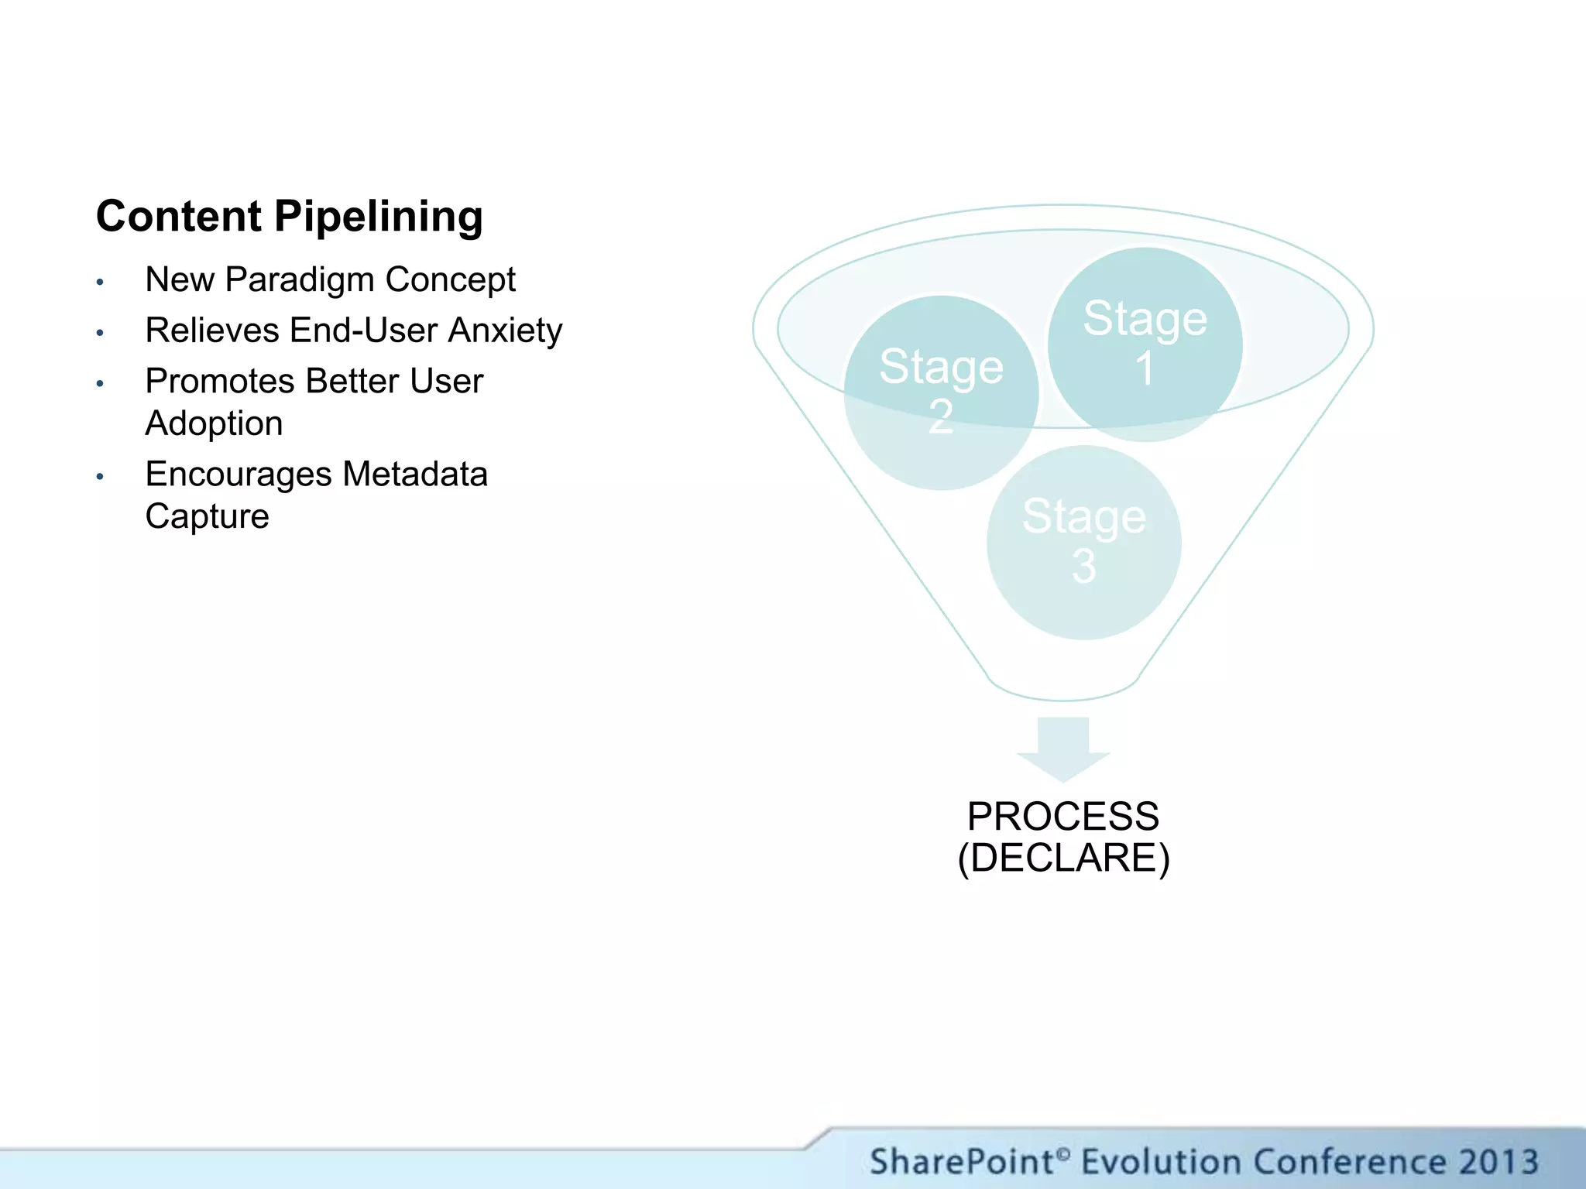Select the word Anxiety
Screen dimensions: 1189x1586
tap(505, 331)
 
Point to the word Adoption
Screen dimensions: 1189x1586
tap(214, 423)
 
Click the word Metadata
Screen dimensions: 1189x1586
tap(415, 474)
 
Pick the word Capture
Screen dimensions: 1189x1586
tap(207, 516)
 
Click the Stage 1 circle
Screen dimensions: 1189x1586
tap(1145, 344)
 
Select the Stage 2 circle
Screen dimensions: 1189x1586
tap(940, 392)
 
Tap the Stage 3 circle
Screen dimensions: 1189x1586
tap(1083, 542)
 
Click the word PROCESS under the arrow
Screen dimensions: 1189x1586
tap(1063, 817)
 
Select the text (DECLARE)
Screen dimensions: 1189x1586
tap(1063, 858)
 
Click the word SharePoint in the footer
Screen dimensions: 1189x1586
tap(962, 1162)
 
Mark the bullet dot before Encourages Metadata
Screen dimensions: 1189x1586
tap(100, 477)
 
